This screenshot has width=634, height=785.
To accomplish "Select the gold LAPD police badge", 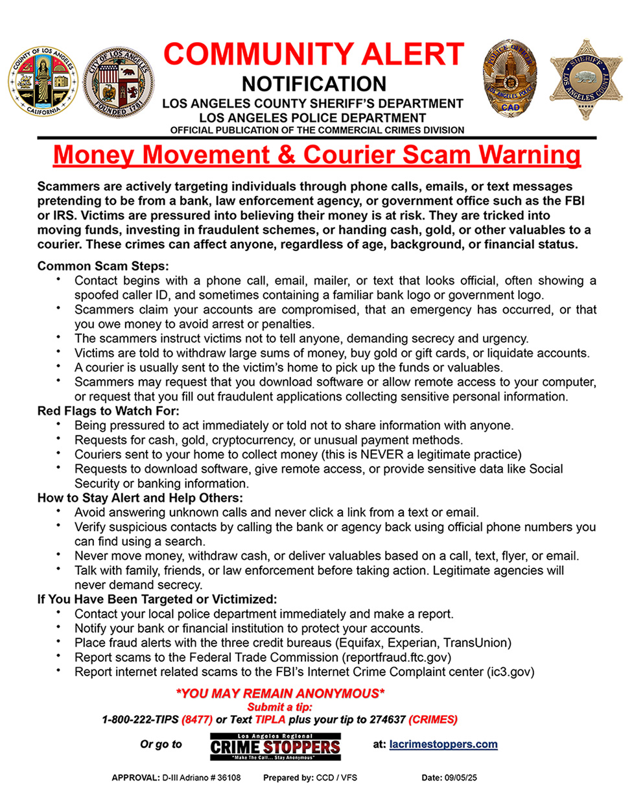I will (x=510, y=80).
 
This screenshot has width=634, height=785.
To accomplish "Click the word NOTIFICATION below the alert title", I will (x=314, y=84).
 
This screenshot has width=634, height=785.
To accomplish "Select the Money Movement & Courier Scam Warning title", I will (x=317, y=156).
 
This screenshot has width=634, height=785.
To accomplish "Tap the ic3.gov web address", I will (x=510, y=672).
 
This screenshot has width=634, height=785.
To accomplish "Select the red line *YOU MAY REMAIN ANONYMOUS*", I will (x=280, y=694).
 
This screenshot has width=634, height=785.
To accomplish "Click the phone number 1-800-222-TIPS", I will (x=141, y=720).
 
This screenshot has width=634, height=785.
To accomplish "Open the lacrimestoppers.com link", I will (x=444, y=744).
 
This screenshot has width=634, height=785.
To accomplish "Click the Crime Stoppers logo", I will (x=275, y=747).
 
